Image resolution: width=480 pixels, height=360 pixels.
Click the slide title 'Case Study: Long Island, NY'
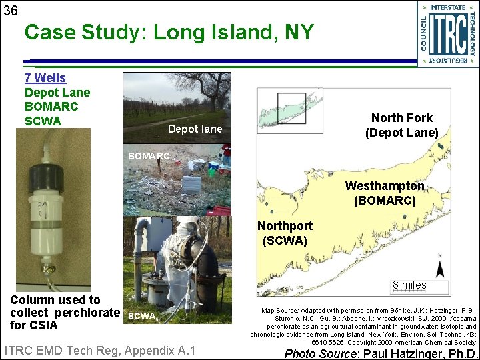[x=168, y=31]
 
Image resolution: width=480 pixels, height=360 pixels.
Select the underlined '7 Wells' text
[x=45, y=78]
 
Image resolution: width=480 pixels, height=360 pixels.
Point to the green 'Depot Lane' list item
[x=57, y=93]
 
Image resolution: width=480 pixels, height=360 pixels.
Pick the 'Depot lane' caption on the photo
[x=195, y=129]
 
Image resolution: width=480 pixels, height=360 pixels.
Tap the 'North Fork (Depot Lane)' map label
[x=401, y=125]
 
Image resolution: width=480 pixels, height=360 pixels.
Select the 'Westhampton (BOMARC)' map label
[x=385, y=193]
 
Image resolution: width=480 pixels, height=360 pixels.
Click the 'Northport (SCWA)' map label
[x=285, y=233]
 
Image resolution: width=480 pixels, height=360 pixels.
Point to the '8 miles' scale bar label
[x=409, y=285]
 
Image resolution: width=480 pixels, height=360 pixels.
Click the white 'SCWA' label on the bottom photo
[x=141, y=316]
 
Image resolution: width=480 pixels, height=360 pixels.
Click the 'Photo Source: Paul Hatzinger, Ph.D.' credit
[x=381, y=353]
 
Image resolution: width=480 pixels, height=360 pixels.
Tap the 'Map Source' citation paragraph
[x=363, y=327]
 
